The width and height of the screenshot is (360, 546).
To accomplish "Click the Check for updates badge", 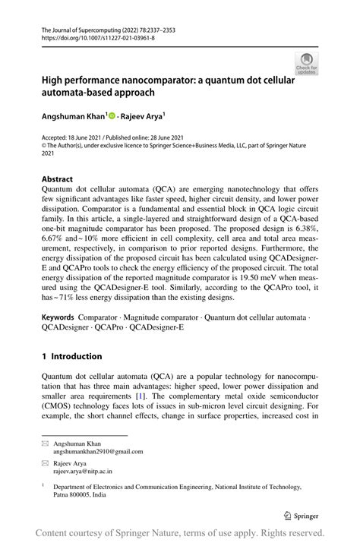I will [307, 63].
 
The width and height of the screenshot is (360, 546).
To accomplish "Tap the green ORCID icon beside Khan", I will [112, 117].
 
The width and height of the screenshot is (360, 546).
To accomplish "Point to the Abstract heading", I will [57, 180].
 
